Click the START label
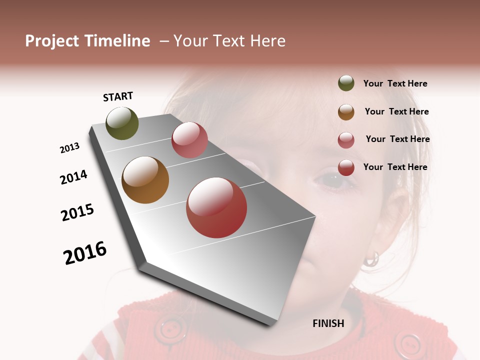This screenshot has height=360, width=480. coord(118,96)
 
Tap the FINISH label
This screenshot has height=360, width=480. coord(328,323)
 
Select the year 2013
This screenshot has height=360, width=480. coord(69,148)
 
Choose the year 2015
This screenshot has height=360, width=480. coord(77,212)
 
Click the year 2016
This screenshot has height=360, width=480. coord(85,253)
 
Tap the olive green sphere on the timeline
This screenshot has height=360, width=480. coord(122,123)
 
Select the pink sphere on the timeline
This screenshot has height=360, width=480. coord(189,140)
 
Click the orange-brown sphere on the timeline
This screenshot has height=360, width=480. coord(145,180)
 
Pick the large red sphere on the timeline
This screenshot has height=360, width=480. coord(216,207)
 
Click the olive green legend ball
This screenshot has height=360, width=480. coord(346,83)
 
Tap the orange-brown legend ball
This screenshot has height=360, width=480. coord(346,111)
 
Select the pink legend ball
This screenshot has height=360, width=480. coord(346,139)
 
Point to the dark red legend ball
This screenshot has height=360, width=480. coord(346,167)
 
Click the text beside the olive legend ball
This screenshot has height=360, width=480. coord(395,83)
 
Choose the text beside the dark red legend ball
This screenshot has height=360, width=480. coord(395,167)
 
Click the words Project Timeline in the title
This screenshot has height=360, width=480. coord(87,41)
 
